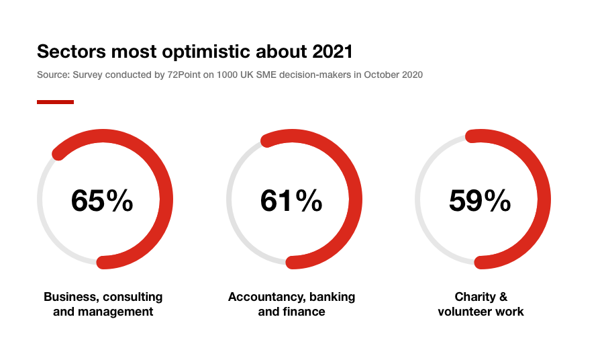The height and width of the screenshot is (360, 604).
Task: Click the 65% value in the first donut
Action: [x=102, y=200]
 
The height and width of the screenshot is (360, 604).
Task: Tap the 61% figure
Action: [x=291, y=200]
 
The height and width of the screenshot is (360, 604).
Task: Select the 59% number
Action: [x=481, y=200]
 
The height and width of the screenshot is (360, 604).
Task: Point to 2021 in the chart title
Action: [x=332, y=52]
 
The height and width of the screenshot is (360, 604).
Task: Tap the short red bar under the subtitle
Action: [x=55, y=102]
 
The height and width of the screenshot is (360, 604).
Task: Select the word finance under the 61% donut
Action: [x=303, y=312]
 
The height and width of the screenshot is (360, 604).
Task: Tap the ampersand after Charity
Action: [x=501, y=297]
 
